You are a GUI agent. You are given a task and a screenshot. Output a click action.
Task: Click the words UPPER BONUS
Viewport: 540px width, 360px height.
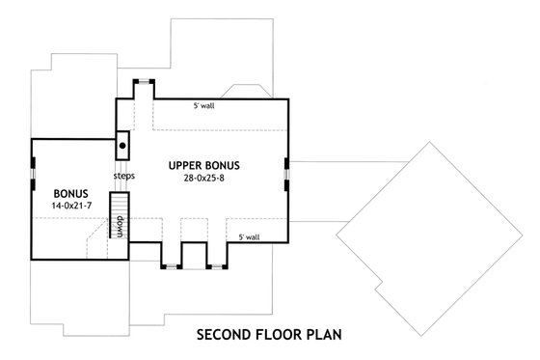202,165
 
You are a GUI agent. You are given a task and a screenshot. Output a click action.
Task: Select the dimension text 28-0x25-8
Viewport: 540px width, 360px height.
202,179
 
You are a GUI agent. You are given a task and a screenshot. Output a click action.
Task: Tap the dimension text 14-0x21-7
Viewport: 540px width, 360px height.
71,207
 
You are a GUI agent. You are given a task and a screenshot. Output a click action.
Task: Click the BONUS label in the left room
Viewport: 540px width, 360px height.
71,193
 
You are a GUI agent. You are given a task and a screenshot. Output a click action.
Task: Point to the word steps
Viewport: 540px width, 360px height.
122,177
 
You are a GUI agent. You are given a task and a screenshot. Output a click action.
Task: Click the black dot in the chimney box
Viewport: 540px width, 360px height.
122,146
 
